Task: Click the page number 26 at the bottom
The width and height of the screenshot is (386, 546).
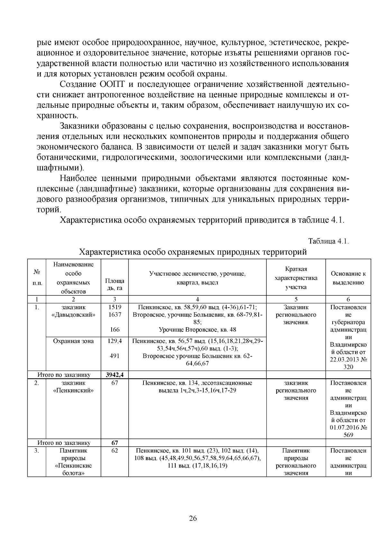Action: coord(193,518)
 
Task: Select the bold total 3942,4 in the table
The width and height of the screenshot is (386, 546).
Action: coord(115,375)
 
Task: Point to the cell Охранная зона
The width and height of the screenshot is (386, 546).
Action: coord(73,341)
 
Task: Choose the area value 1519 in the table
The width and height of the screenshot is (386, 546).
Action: coord(115,307)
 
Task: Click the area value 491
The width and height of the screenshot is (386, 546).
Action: coord(115,356)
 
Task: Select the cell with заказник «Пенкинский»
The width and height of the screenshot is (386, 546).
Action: coord(73,387)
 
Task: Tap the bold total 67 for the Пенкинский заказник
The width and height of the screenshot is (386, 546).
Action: coord(115,443)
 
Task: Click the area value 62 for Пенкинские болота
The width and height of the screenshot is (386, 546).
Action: coord(115,450)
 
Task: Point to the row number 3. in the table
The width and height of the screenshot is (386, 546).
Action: coord(37,450)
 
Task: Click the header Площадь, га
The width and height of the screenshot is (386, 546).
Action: coord(115,284)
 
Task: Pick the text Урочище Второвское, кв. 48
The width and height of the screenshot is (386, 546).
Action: coord(197,329)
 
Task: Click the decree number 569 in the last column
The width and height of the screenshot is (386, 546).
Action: coord(348,435)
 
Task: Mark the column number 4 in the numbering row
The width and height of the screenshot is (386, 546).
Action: coord(197,299)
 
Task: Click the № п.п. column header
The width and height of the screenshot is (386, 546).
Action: coord(37,277)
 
